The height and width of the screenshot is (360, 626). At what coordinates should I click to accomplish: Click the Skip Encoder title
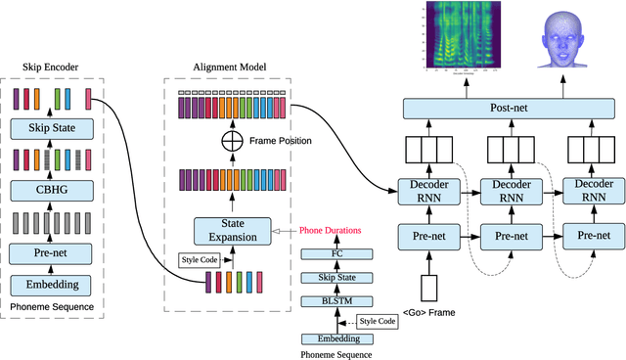50,67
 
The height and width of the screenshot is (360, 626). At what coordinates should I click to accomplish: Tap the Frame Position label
281,141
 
